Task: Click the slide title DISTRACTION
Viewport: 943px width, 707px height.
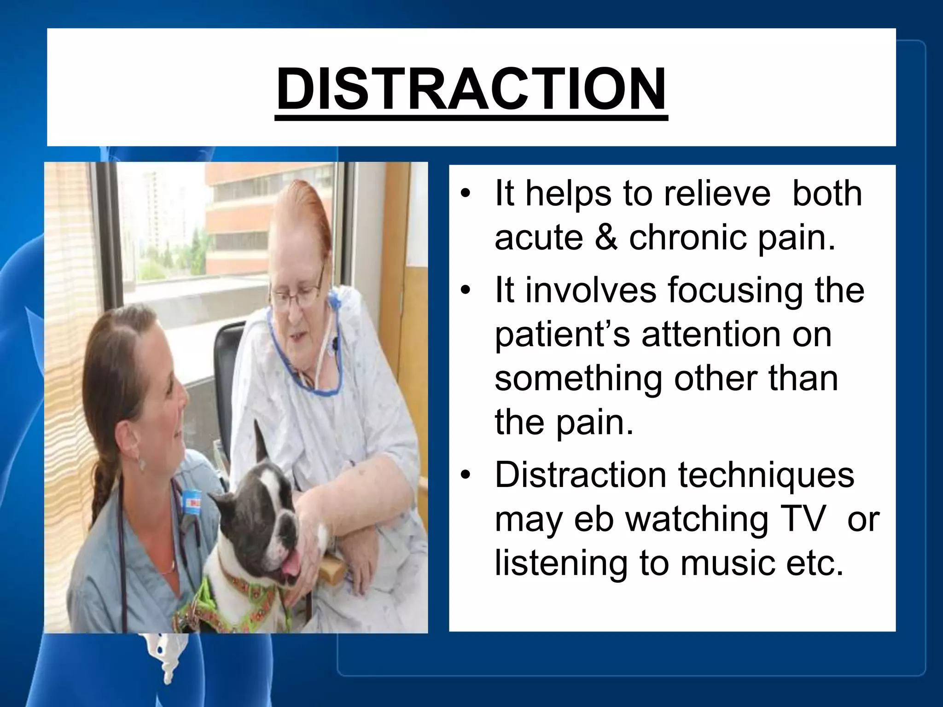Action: pos(471,88)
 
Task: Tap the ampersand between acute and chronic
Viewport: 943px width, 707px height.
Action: pos(606,238)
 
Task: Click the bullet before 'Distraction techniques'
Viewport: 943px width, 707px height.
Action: pos(466,475)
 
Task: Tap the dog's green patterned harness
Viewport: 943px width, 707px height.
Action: pos(239,594)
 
